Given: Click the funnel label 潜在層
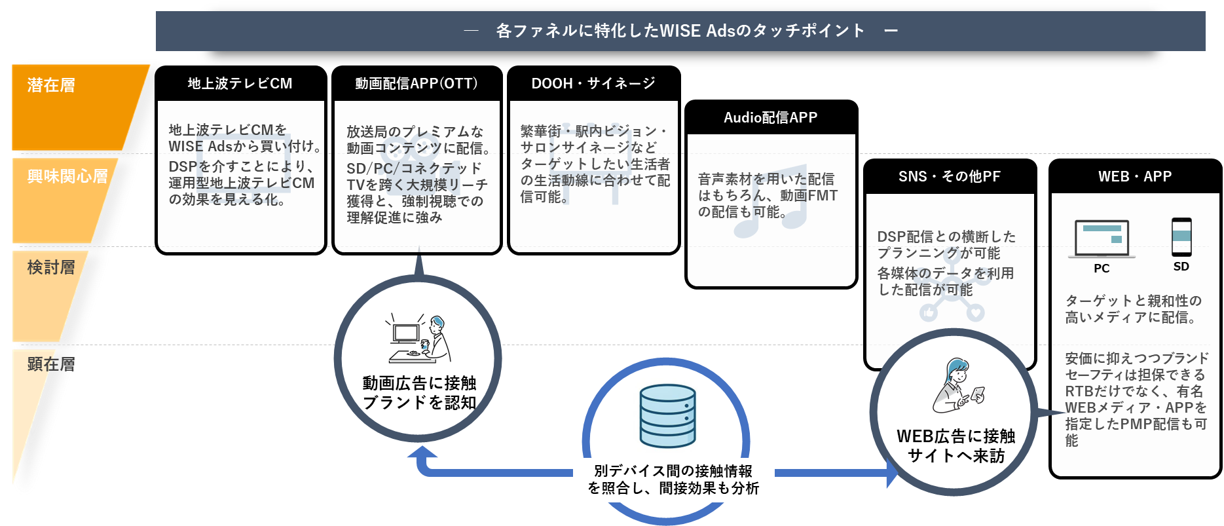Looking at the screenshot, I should click(51, 85).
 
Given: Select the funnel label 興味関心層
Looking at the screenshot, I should click(67, 176).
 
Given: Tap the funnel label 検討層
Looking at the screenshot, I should click(51, 267).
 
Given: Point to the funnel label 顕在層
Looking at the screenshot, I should click(51, 364).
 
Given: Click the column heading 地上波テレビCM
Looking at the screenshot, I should click(240, 84).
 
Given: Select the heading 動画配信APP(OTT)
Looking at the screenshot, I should click(417, 84).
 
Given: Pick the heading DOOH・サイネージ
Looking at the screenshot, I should click(593, 84).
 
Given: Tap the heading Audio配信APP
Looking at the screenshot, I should click(770, 118).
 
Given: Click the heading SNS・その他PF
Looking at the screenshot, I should click(949, 177).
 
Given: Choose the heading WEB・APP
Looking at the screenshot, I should click(1134, 177).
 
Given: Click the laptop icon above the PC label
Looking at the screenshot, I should click(1102, 238).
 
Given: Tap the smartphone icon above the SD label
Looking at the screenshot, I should click(1181, 236).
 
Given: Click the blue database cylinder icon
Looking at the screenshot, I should click(667, 415).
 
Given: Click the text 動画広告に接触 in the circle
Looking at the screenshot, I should click(419, 383).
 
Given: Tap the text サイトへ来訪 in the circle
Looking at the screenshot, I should click(956, 456).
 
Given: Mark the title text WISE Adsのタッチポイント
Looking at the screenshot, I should click(681, 31).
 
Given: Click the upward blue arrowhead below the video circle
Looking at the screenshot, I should click(422, 452).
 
